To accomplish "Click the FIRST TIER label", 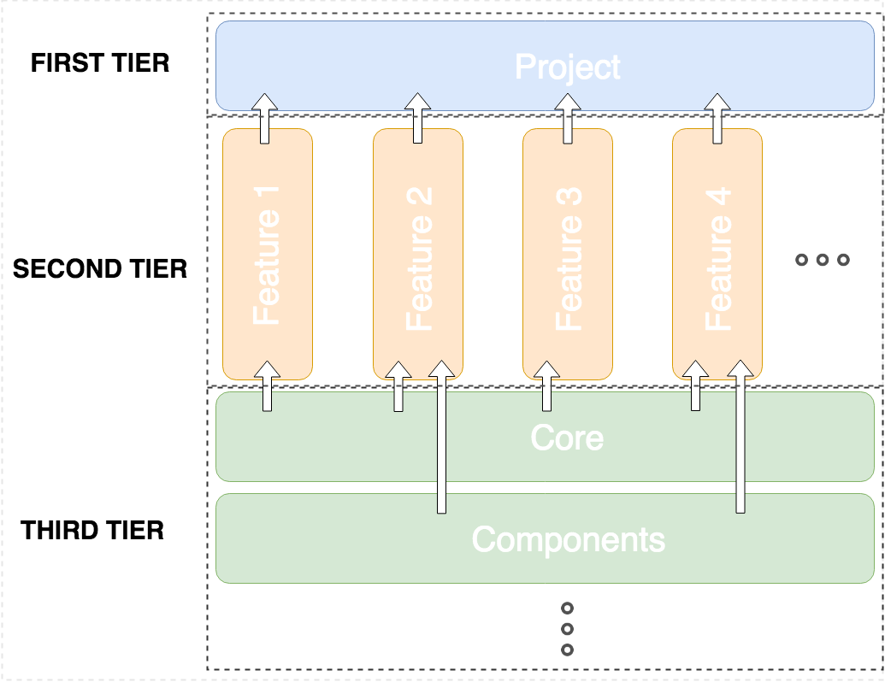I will (x=100, y=63).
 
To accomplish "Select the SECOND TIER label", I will (x=100, y=269).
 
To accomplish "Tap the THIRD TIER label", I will (x=93, y=531).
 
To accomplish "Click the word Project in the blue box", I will (x=567, y=68).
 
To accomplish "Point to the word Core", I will (x=567, y=438).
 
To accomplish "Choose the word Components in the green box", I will (x=568, y=539).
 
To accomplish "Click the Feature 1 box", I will (x=267, y=255).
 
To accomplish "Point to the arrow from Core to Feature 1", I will (x=268, y=386).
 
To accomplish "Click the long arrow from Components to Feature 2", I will (x=441, y=444).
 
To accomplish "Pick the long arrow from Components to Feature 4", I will (x=740, y=444).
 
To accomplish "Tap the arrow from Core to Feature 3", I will (x=546, y=386).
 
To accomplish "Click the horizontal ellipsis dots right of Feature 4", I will (x=822, y=260).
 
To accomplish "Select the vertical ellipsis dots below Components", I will (x=566, y=629).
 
